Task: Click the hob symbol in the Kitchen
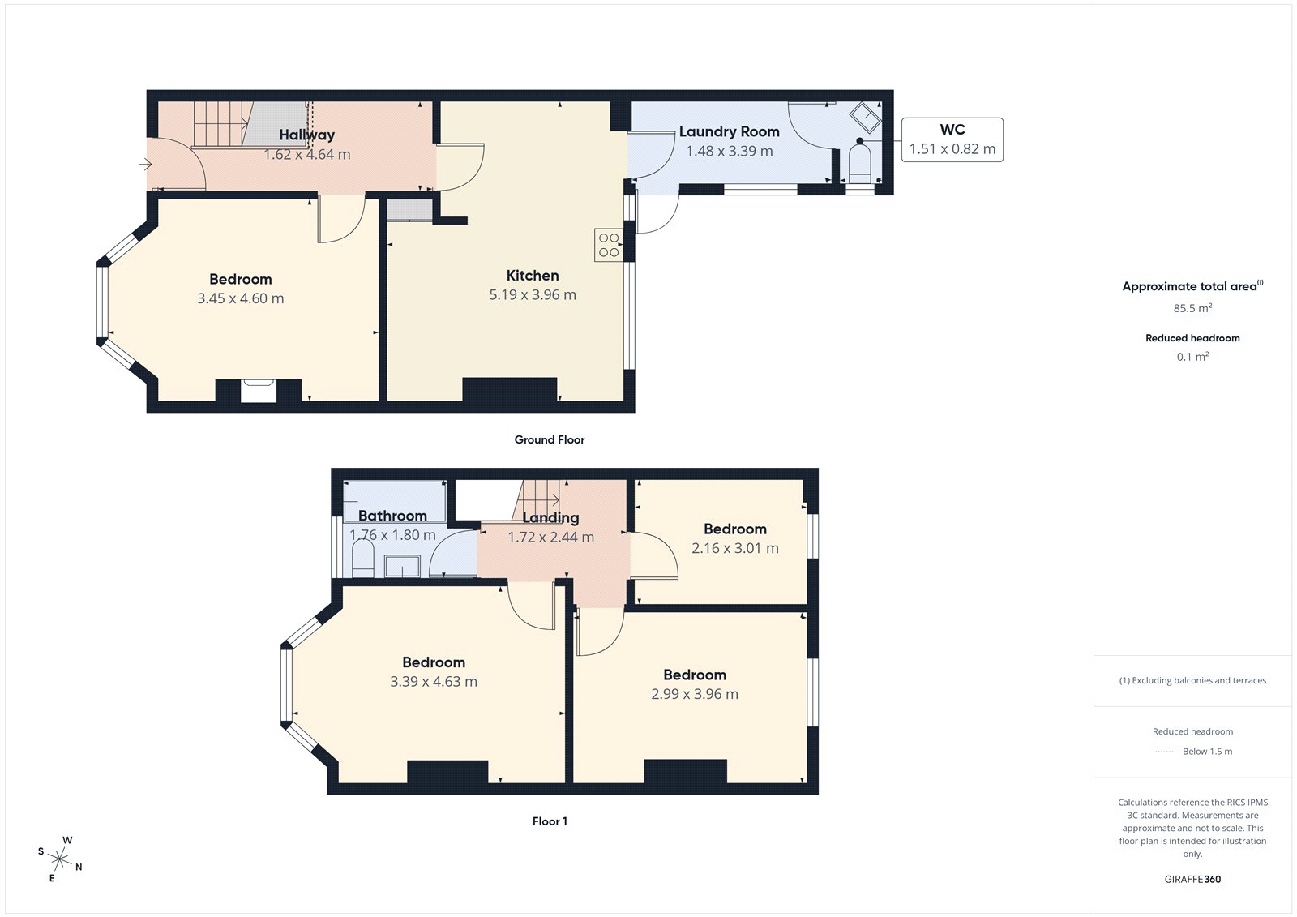click(x=609, y=245)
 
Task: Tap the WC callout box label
click(x=952, y=130)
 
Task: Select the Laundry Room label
click(x=729, y=131)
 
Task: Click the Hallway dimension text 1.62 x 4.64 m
click(x=307, y=155)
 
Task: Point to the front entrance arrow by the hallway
click(x=146, y=165)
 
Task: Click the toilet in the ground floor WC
click(x=859, y=166)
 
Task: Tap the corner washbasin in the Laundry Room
click(x=865, y=117)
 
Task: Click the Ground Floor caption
click(x=549, y=439)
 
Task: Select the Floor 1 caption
click(x=550, y=821)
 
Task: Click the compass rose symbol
click(x=60, y=858)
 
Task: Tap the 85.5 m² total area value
click(x=1192, y=308)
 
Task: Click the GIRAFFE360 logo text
click(x=1192, y=879)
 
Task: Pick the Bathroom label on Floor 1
click(x=392, y=516)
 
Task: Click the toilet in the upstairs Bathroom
click(x=363, y=559)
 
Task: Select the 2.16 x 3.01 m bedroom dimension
click(x=734, y=549)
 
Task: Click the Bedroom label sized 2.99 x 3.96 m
click(x=695, y=675)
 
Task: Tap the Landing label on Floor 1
click(x=550, y=518)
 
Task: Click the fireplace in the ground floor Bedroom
click(x=259, y=391)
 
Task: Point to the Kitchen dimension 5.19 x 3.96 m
click(x=533, y=295)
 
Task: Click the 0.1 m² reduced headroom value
click(x=1192, y=357)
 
